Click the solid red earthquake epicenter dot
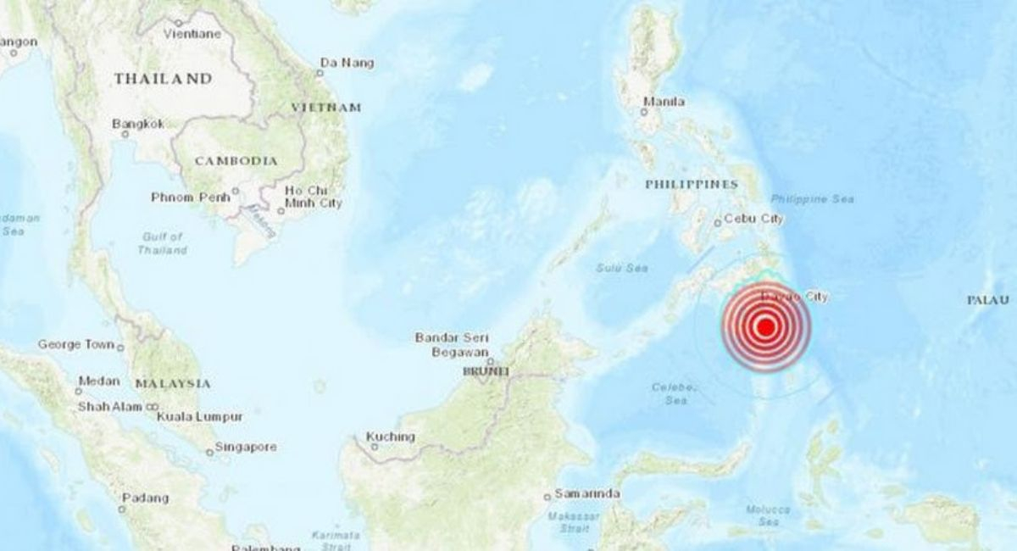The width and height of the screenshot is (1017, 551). pyautogui.click(x=765, y=327)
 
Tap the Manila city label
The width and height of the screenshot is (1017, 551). pyautogui.click(x=664, y=103)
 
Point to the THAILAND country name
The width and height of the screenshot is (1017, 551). pyautogui.click(x=163, y=78)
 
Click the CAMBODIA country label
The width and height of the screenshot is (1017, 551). pyautogui.click(x=236, y=160)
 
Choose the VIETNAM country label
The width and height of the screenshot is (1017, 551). pyautogui.click(x=325, y=108)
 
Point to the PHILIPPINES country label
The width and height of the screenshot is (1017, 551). pyautogui.click(x=691, y=184)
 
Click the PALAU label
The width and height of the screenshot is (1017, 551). pyautogui.click(x=988, y=300)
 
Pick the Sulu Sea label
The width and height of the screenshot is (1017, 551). pyautogui.click(x=621, y=268)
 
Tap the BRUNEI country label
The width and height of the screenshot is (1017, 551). pyautogui.click(x=485, y=371)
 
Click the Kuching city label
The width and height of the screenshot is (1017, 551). pyautogui.click(x=391, y=437)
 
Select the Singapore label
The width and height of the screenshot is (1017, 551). pyautogui.click(x=245, y=447)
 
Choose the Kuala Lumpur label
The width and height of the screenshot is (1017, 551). pyautogui.click(x=204, y=417)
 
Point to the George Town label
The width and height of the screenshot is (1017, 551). pyautogui.click(x=75, y=344)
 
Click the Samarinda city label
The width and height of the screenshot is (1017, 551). pyautogui.click(x=586, y=493)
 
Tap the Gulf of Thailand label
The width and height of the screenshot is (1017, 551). pyautogui.click(x=163, y=243)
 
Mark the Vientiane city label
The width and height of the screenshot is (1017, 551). pyautogui.click(x=194, y=34)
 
